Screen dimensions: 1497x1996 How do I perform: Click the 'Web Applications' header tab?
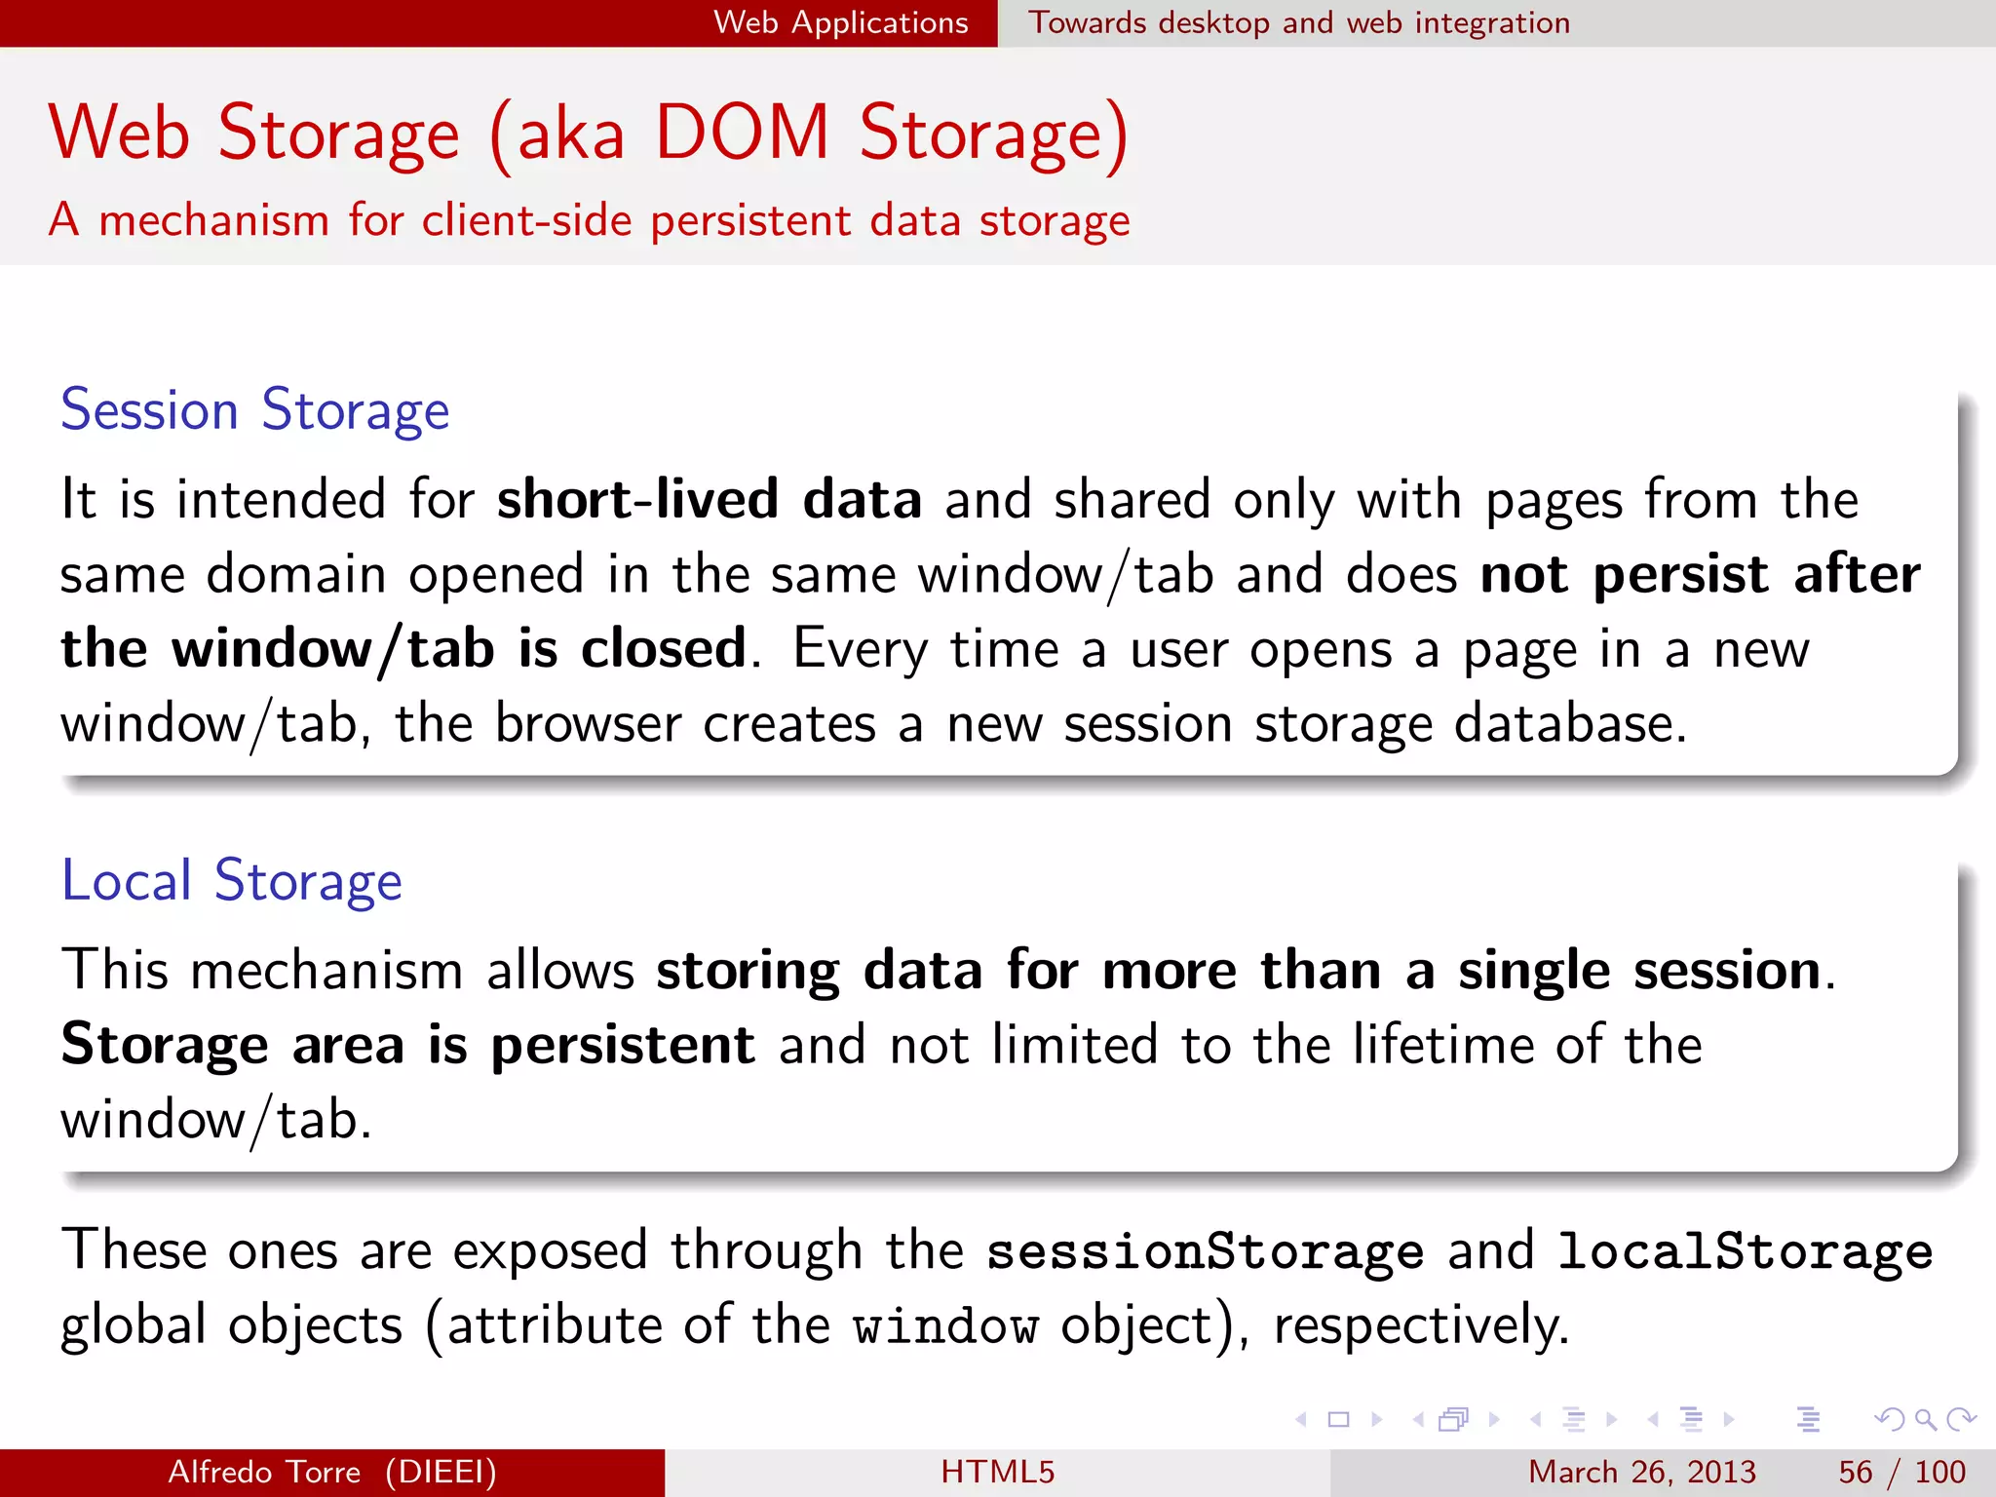pos(840,22)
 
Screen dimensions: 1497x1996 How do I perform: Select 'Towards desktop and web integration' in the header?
pos(1299,22)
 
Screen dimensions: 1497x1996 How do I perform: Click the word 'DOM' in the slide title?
pos(742,133)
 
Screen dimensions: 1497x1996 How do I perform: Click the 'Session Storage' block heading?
pos(254,409)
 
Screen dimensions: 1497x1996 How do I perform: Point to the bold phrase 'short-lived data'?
pos(709,499)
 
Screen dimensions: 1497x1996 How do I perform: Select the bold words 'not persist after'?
pos(1700,574)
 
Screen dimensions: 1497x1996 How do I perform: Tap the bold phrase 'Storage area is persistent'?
pos(407,1045)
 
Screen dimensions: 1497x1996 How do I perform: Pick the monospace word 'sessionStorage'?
pos(1205,1251)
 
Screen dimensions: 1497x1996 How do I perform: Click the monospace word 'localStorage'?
pos(1745,1251)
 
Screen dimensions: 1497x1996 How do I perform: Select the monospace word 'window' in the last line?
pos(945,1326)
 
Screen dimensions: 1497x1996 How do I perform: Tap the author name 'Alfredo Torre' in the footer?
pos(264,1472)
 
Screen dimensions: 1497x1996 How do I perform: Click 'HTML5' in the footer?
pos(997,1472)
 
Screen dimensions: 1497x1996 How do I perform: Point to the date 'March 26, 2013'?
pos(1641,1472)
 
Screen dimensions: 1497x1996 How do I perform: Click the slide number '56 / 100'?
pos(1900,1472)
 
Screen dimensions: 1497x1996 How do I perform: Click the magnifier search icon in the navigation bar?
pos(1925,1419)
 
